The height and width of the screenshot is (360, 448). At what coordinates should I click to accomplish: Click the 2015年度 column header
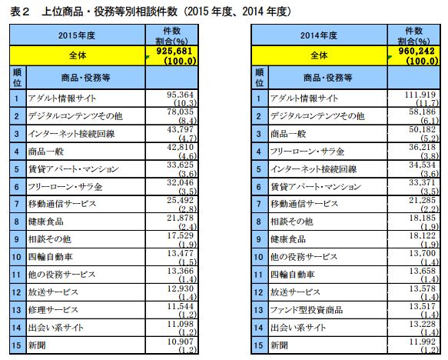(x=77, y=35)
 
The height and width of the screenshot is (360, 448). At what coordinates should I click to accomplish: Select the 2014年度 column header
(x=319, y=35)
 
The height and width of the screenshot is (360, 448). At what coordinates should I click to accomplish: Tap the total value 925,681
(x=174, y=51)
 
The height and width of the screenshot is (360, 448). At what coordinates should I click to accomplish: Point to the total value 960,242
(x=416, y=51)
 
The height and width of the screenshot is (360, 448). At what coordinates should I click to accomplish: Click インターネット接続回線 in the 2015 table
(x=71, y=134)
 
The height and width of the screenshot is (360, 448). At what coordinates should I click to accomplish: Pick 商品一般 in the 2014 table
(x=288, y=134)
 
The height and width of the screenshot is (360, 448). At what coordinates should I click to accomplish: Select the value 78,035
(x=181, y=112)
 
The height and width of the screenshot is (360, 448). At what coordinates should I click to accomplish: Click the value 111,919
(x=420, y=95)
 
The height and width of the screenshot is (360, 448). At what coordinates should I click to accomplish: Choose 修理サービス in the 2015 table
(x=53, y=310)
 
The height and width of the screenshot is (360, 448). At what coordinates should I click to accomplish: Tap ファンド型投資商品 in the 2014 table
(x=307, y=310)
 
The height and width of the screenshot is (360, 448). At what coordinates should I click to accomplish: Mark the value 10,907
(x=181, y=342)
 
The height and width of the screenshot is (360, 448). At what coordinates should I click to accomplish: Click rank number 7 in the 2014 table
(x=258, y=204)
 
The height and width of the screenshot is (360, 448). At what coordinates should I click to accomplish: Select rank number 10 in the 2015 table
(x=16, y=257)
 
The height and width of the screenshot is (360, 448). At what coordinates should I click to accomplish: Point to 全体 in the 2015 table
(x=78, y=55)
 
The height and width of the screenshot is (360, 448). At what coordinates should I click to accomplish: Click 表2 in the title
(x=20, y=12)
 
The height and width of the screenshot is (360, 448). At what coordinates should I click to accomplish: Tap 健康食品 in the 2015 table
(x=45, y=222)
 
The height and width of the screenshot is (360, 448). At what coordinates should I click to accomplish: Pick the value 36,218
(x=423, y=147)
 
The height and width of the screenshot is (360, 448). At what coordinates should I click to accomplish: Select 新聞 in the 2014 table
(x=279, y=345)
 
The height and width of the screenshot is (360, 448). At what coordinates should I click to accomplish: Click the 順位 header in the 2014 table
(x=260, y=77)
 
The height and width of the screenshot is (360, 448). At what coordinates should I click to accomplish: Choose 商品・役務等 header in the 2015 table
(x=85, y=78)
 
